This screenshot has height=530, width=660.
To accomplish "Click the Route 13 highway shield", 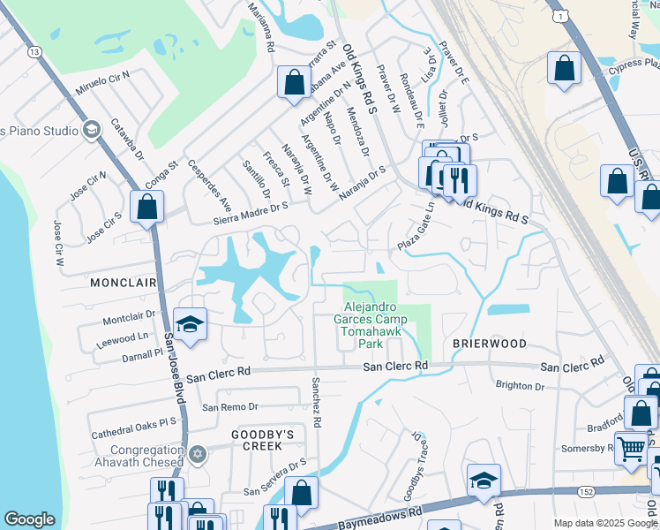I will pos(34,52).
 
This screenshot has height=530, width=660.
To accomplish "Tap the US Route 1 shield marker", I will pos(558,16).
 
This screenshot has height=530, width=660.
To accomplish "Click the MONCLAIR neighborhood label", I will pos(123,283).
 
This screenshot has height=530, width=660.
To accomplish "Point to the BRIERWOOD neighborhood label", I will pos(490,343).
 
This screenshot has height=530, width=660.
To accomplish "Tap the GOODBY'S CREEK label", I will pos(262,435).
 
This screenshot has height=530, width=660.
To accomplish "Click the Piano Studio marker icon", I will pos(90,131).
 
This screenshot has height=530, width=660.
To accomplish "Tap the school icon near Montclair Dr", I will pos(190,324).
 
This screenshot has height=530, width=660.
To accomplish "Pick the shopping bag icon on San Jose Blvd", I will pos(147,208).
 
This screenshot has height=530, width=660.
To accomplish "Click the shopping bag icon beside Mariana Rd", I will pos(293,81).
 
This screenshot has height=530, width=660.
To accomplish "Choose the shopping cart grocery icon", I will pos(631,448).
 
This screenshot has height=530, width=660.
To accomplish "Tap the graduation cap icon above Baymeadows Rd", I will pos(484,480).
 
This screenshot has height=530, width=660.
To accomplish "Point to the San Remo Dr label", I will pos(229,407).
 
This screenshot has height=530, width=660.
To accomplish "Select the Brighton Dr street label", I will pos(520,385).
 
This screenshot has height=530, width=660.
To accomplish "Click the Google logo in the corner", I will pos(29,519).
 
